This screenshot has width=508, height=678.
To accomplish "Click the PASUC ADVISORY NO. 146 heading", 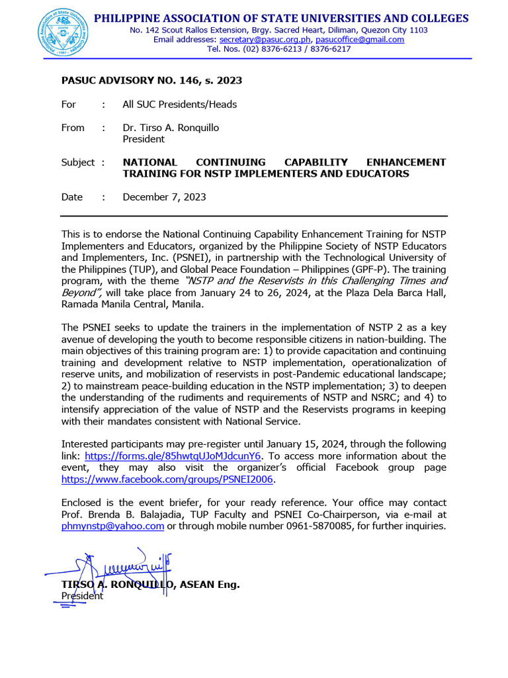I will click(x=151, y=81).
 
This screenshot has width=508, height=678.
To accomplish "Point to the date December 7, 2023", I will click(x=164, y=197).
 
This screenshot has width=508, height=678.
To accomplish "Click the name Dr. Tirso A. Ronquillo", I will click(x=171, y=128).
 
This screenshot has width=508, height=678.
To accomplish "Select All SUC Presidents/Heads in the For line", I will click(x=179, y=105).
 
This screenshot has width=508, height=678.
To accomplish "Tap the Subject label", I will click(x=78, y=162).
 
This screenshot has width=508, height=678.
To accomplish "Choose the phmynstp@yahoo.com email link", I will click(x=112, y=526).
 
